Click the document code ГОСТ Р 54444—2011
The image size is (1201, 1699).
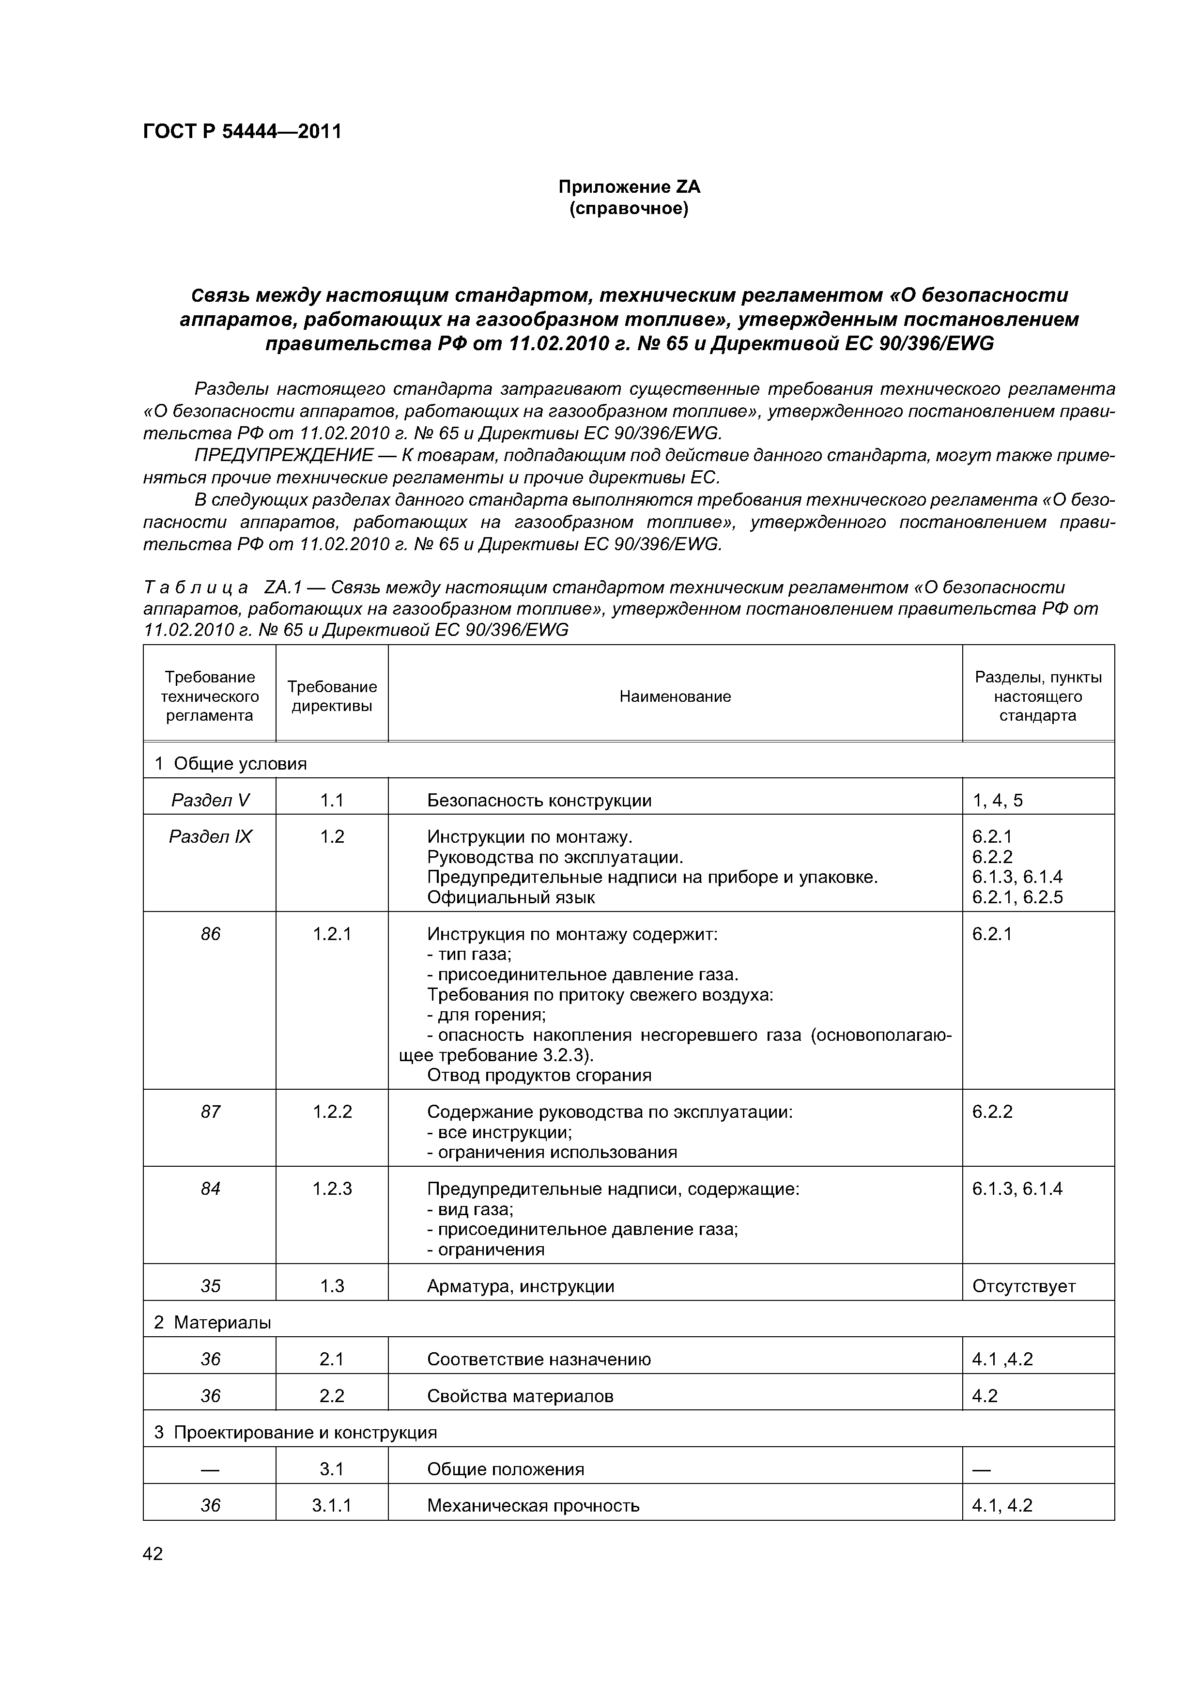point(242,132)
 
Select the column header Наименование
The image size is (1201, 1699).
point(675,696)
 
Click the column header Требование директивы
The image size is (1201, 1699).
point(332,696)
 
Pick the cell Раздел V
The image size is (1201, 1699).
point(210,800)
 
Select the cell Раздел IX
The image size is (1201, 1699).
point(210,836)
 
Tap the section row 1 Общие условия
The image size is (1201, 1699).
point(230,763)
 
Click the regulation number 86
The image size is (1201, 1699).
point(210,934)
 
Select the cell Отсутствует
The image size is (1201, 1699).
point(1023,1286)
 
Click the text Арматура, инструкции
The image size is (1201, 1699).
point(520,1286)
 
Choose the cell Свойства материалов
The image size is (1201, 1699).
point(520,1396)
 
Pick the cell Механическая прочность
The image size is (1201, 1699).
point(533,1505)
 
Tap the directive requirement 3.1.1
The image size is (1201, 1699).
point(332,1505)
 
